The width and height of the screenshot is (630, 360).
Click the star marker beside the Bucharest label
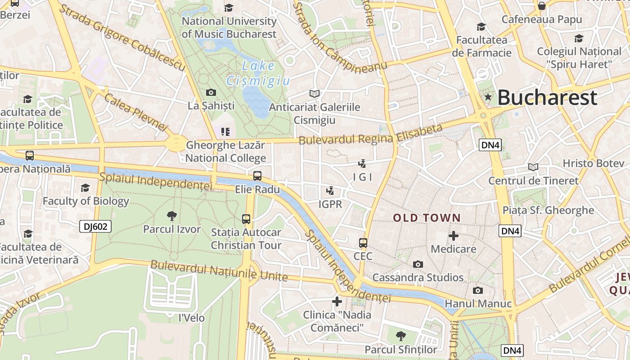[x=488, y=97]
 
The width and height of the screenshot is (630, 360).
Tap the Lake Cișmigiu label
[x=258, y=73]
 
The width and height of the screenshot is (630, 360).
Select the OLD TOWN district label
[x=427, y=218]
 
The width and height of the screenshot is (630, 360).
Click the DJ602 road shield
[x=95, y=226]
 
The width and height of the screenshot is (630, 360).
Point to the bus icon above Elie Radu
[x=257, y=176]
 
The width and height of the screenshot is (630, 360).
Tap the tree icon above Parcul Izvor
[x=171, y=216]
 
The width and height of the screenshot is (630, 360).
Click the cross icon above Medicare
[x=454, y=235]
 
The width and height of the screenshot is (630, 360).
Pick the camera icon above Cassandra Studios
[x=418, y=264]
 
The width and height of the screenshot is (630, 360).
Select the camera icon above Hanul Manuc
[x=478, y=291]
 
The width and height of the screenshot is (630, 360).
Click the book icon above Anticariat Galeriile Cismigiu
[x=315, y=94]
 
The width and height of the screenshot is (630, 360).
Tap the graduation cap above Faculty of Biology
[x=85, y=188]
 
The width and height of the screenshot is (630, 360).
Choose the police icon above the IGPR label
[x=330, y=191]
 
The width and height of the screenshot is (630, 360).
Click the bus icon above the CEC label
[x=363, y=243]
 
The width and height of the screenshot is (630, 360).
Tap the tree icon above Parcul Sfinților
[x=400, y=336]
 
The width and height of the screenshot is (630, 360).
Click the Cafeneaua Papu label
[x=542, y=19]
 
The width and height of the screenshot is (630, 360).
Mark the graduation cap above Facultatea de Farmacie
[x=481, y=27]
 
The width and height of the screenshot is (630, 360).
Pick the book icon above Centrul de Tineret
[x=533, y=167]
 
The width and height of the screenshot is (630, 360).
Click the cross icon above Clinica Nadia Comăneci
[x=337, y=301]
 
